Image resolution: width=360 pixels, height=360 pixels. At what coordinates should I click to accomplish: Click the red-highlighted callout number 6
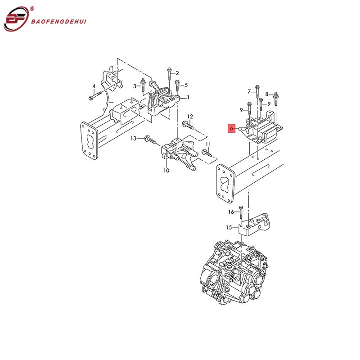(x=231, y=129)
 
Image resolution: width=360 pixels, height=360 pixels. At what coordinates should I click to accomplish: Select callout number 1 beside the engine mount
(x=188, y=97)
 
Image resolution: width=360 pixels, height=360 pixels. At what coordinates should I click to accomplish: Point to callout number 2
(x=177, y=73)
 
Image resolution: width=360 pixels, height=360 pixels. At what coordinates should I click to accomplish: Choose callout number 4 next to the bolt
(x=94, y=86)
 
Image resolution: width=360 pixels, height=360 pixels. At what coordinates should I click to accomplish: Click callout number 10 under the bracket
(x=166, y=171)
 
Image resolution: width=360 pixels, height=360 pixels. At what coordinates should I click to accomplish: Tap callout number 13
(x=133, y=138)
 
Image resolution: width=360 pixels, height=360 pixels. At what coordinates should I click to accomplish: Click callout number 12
(x=190, y=117)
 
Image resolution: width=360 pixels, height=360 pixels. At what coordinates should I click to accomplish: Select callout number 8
(x=267, y=94)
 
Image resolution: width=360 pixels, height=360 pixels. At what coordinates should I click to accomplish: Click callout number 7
(x=249, y=92)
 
